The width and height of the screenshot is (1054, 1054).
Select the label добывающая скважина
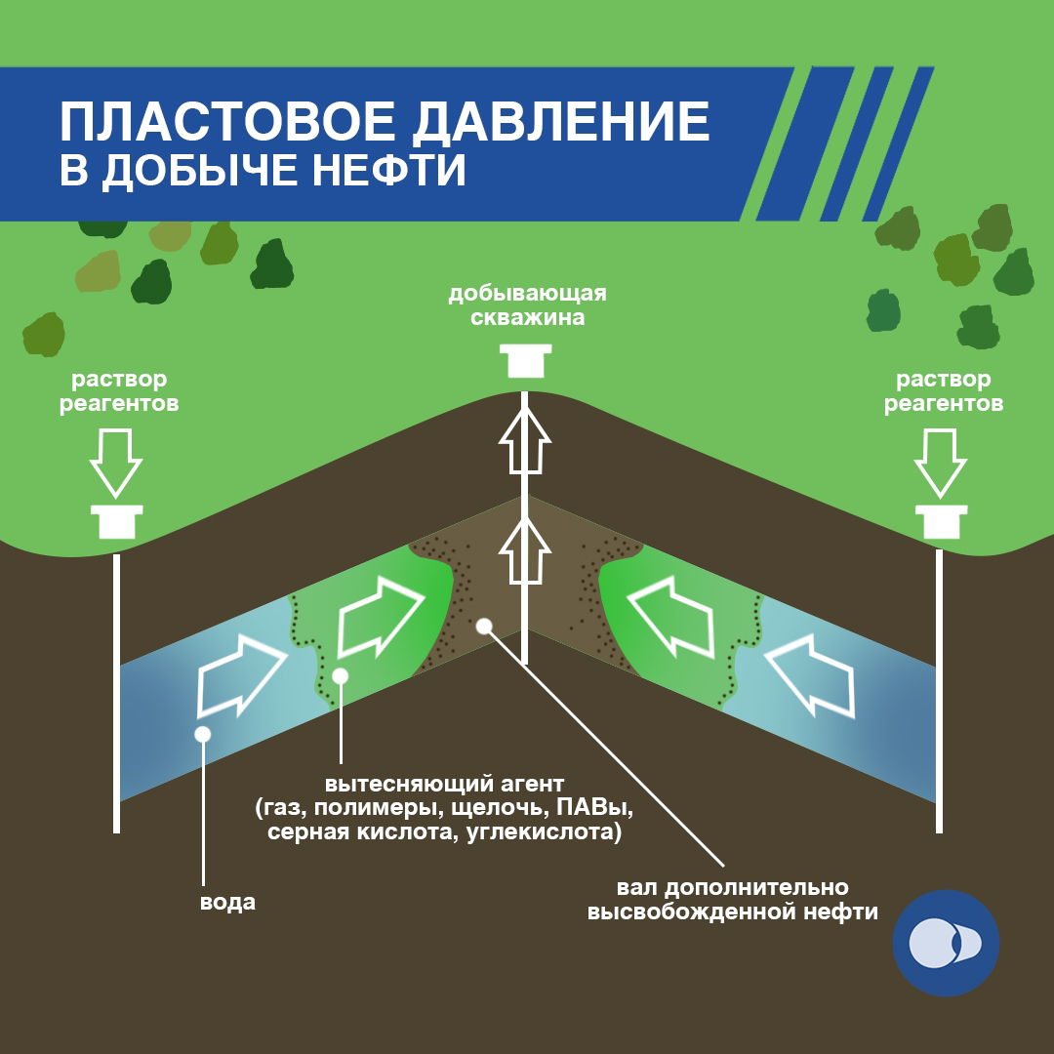pos(527,304)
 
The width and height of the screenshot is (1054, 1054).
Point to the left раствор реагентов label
pos(119,390)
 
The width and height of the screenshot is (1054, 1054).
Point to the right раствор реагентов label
pos(944,390)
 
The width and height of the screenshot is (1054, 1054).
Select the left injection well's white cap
pos(117,522)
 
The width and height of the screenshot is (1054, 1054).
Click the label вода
pos(227,902)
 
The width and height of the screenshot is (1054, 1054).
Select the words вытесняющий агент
pos(444,784)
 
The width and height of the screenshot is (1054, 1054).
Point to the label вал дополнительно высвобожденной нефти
pos(732,900)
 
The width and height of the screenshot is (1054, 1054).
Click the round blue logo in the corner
pos(946,943)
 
